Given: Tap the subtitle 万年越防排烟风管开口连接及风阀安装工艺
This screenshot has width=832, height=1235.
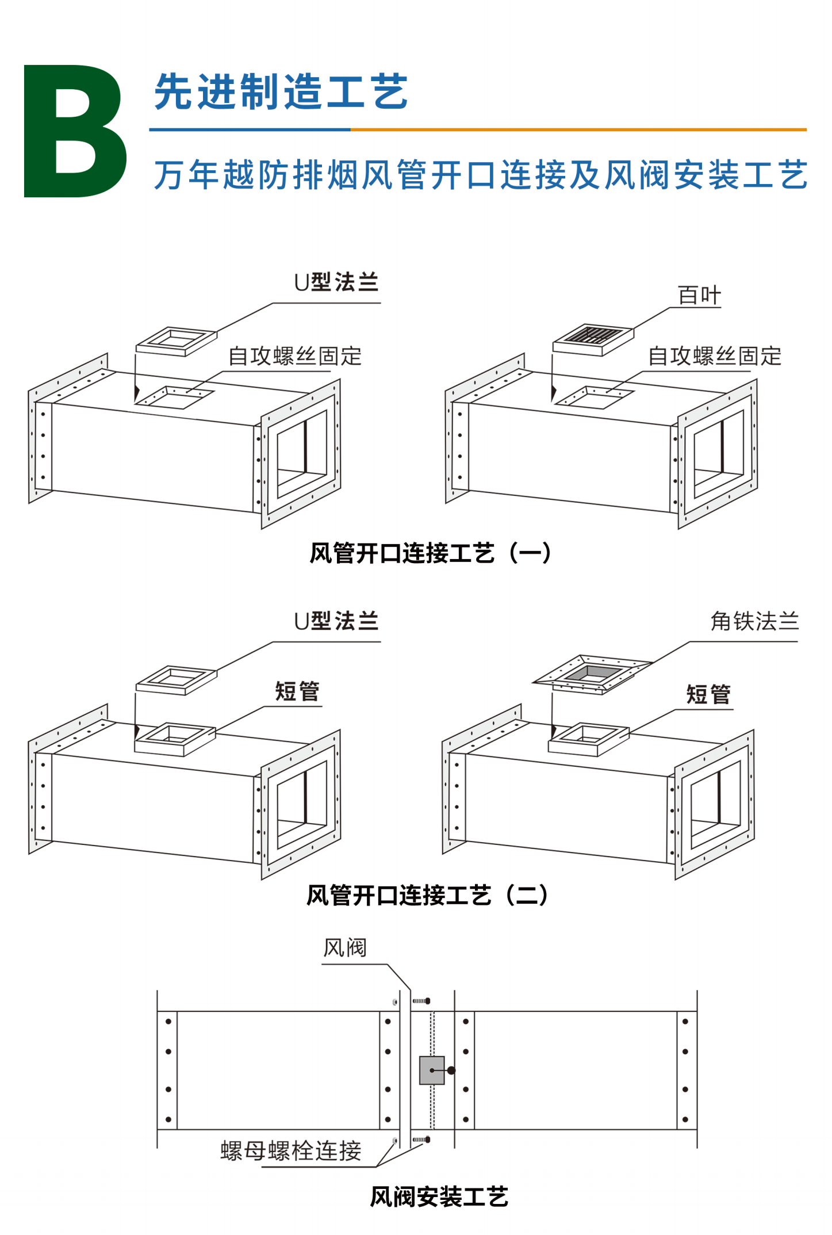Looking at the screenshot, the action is (x=481, y=175).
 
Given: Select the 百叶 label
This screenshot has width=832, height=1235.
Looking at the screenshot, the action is (x=699, y=296).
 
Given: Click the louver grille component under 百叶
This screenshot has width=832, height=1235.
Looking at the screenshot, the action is (x=593, y=340).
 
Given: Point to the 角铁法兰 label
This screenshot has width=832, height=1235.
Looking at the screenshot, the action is (x=754, y=621).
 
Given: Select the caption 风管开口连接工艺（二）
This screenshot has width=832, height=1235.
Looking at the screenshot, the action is (x=428, y=896).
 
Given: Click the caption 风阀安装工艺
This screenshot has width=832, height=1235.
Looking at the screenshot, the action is (x=439, y=1197).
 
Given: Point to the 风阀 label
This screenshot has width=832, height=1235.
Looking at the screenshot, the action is (x=345, y=948).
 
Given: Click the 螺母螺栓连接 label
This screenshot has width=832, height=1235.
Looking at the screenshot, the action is (x=291, y=1150).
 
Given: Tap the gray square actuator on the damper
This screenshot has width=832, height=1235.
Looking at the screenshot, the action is (x=432, y=1070).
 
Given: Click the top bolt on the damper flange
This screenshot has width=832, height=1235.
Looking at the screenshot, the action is (x=421, y=1001).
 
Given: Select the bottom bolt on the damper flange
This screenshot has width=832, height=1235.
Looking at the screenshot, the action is (x=421, y=1139).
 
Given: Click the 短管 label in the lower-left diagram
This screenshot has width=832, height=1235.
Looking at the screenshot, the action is (x=297, y=691).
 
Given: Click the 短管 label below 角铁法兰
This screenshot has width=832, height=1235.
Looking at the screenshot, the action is (x=708, y=695).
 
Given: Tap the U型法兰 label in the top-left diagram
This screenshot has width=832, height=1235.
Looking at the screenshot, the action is (x=336, y=282).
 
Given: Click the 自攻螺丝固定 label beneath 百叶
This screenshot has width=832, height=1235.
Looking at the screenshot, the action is (x=715, y=356).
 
